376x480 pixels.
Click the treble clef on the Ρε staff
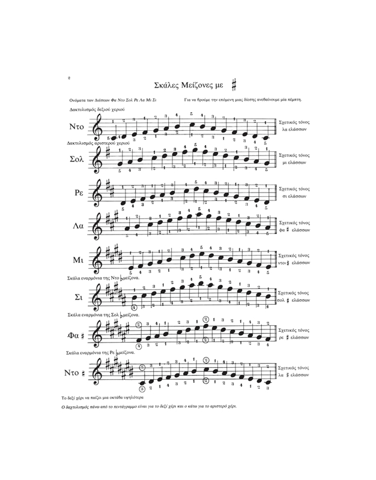(x=97, y=193)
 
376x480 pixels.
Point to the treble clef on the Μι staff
(x=97, y=260)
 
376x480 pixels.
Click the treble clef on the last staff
(x=97, y=372)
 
